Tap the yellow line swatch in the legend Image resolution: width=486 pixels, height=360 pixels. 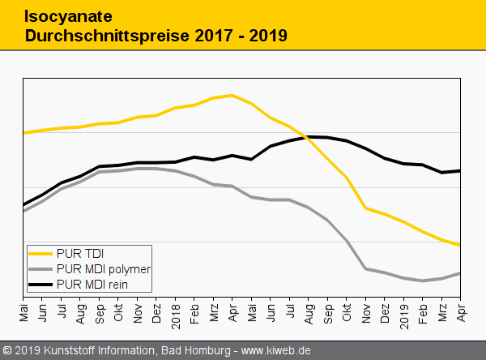coord(40,253)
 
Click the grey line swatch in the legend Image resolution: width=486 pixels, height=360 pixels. coord(40,268)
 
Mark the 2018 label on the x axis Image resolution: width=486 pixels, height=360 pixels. coord(175,311)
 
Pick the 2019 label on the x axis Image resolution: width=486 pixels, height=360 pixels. coord(404,311)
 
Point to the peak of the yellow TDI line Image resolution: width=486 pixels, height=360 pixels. coord(232,95)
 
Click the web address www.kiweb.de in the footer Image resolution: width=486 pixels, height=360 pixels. coord(278,350)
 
